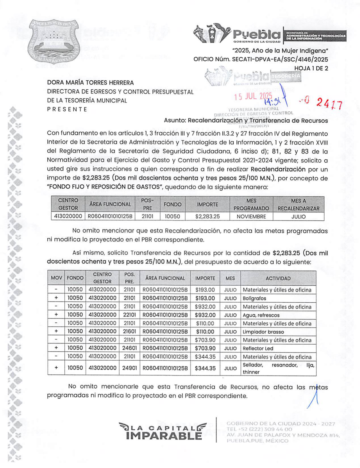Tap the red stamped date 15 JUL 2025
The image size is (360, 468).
[253, 96]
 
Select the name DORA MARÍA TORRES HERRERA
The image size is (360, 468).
[90, 83]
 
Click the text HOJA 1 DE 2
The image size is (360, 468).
[311, 68]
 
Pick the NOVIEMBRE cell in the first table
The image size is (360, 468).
[251, 216]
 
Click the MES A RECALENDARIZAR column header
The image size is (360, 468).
[298, 204]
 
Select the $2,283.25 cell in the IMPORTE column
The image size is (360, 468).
[207, 216]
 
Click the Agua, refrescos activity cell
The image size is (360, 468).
[261, 315]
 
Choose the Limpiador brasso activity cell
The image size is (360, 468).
[263, 332]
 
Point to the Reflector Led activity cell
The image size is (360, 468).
[258, 348]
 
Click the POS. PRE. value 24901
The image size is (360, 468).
[130, 368]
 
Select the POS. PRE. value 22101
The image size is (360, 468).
[130, 315]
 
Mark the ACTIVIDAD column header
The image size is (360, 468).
[278, 278]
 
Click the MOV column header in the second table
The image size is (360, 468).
[56, 278]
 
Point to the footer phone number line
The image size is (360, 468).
[259, 429]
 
